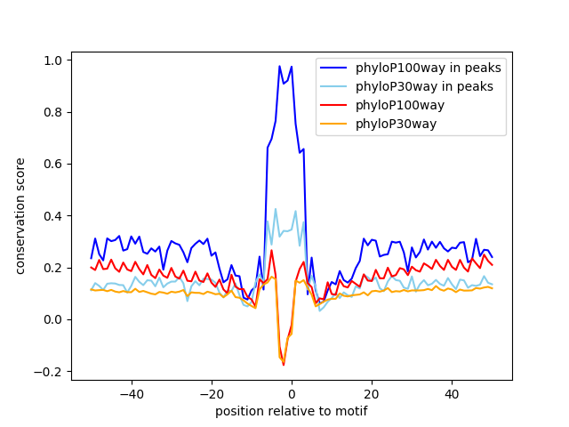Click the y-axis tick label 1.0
point(54,60)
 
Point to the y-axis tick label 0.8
point(54,112)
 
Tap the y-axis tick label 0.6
point(54,164)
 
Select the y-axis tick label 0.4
point(54,216)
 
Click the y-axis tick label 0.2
point(54,268)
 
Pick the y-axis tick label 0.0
point(54,319)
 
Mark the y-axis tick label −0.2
point(51,372)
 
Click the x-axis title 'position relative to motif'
point(292,411)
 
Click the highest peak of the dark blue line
point(279,66)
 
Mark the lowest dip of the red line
point(284,365)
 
